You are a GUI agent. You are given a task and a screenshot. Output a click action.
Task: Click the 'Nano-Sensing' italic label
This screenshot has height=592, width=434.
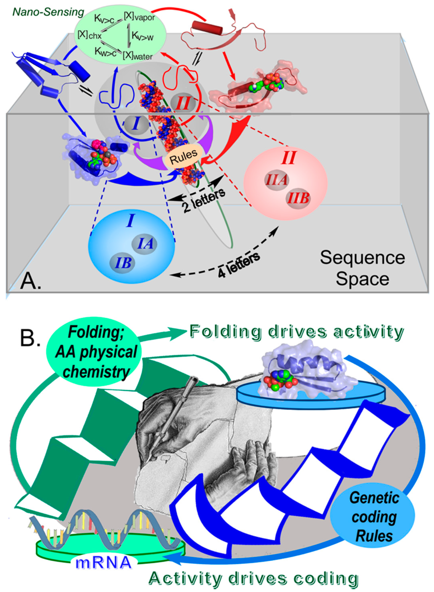click(x=48, y=12)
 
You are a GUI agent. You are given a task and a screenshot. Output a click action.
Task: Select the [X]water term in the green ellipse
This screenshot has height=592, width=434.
click(x=137, y=56)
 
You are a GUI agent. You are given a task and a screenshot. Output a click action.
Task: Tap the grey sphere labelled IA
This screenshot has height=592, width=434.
click(x=144, y=244)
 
